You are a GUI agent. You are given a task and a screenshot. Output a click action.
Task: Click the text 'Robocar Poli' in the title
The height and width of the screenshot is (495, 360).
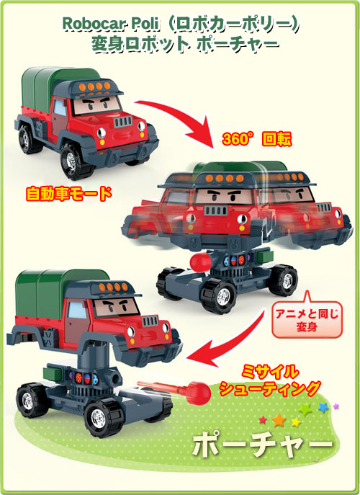tap(110, 24)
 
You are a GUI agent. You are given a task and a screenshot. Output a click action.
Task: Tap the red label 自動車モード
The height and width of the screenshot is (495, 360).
tap(69, 194)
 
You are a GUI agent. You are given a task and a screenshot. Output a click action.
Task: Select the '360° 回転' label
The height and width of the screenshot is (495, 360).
tap(257, 139)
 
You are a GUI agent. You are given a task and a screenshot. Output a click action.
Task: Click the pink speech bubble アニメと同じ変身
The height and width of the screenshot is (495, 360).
tap(307, 319)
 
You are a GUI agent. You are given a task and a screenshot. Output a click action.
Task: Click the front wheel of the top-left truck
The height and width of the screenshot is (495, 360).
tap(73, 162)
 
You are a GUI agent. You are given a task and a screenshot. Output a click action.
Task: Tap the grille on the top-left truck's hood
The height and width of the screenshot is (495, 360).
tap(123, 121)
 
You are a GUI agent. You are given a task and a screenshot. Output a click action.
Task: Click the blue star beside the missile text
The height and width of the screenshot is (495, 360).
tap(323, 407)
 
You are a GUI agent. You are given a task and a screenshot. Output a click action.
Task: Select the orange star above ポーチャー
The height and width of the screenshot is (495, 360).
tap(279, 420)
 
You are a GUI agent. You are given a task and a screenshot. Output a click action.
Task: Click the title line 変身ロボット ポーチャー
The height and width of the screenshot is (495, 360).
tap(186, 43)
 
